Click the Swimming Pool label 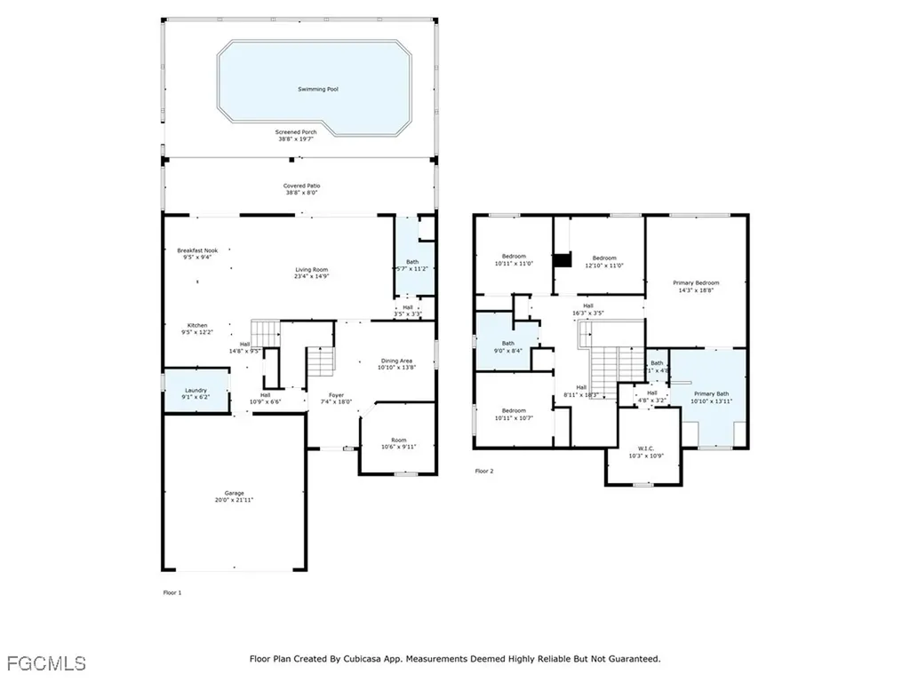pos(318,90)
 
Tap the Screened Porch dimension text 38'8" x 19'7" pos(296,139)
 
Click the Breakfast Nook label pos(197,250)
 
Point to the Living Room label pos(312,270)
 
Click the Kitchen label pos(197,325)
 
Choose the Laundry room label pos(196,390)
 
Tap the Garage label pos(234,493)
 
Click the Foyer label pos(336,395)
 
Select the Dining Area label pos(396,360)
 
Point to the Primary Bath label pos(711,393)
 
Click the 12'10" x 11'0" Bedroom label pos(604,258)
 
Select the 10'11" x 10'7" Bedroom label pos(514,411)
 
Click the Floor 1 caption pos(172,591)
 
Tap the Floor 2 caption pos(483,471)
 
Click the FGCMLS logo pos(46,662)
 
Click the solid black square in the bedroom pos(562,260)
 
